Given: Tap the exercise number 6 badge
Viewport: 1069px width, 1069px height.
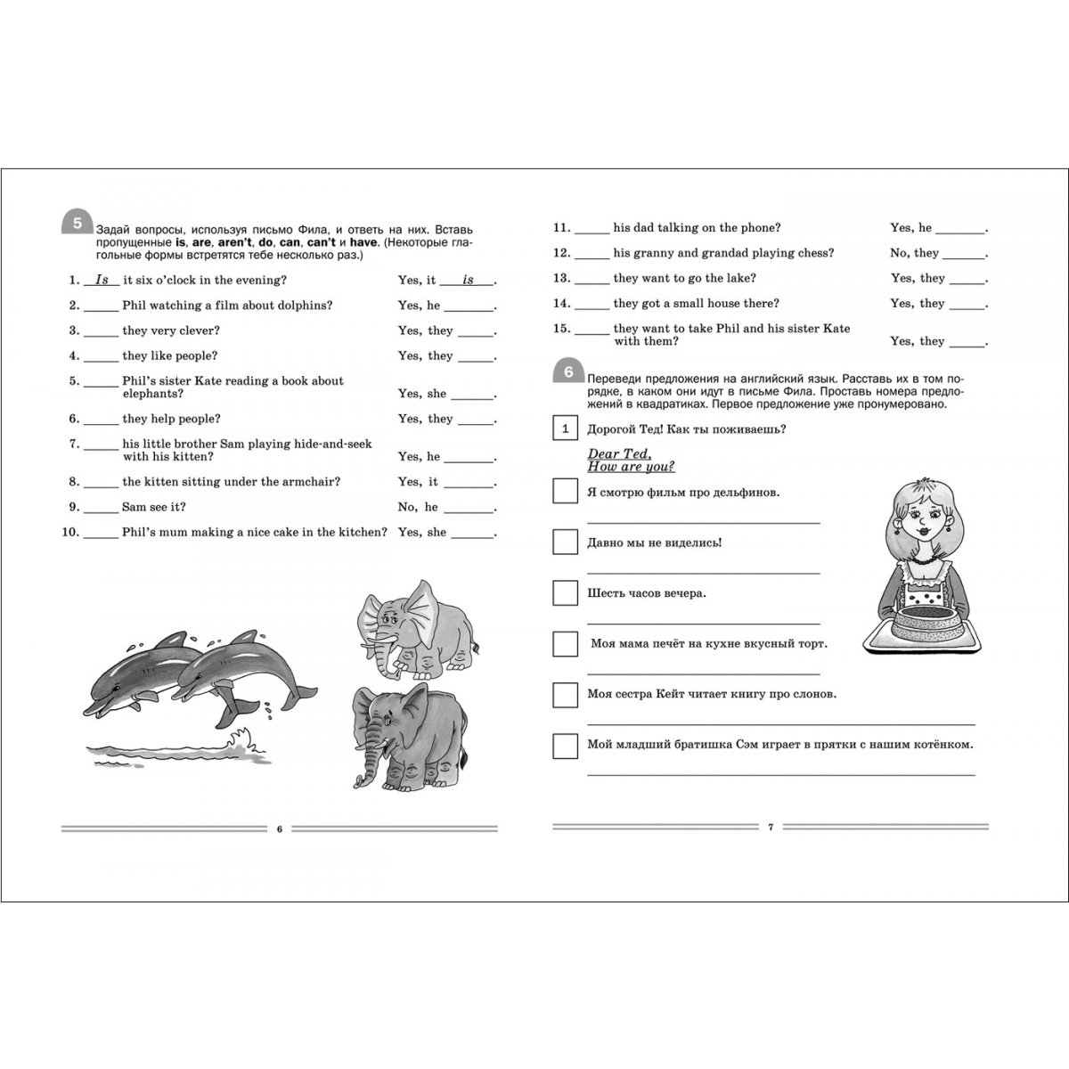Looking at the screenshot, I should coord(568,372).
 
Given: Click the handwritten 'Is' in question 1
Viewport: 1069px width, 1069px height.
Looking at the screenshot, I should coord(102,280).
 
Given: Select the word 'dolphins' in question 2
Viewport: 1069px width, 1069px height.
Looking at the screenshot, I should coord(304,306).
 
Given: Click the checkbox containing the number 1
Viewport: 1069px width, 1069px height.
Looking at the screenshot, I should coord(565,429).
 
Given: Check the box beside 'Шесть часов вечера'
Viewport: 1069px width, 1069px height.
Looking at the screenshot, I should coord(565,593).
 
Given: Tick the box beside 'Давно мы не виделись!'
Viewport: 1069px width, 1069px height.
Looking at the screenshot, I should coord(565,542).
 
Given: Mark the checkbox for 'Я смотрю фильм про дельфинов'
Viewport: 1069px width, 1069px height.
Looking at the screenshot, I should coord(565,492).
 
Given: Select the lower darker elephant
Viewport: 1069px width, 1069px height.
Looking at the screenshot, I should coord(410,736).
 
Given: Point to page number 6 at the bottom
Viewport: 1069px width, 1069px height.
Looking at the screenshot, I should coord(279,829).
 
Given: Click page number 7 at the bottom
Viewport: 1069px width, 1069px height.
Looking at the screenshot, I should coord(771,828).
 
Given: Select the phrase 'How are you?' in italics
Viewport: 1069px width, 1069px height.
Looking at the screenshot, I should coord(631,467).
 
